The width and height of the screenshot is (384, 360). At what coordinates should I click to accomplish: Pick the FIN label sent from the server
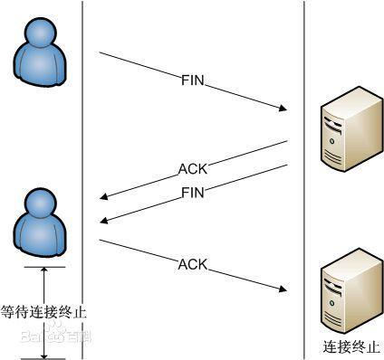pos(194,193)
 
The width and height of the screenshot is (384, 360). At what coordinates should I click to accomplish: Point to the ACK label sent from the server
pos(192,168)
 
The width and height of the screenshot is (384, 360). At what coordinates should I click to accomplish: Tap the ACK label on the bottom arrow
pos(192,264)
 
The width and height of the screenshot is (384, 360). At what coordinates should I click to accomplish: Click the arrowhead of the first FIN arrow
pos(282,110)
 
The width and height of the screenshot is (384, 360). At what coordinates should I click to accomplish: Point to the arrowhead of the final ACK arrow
pos(282,289)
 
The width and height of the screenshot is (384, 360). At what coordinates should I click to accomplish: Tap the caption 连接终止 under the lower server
pos(348,346)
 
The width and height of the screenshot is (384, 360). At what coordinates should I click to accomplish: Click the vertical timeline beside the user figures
pos(82,136)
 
